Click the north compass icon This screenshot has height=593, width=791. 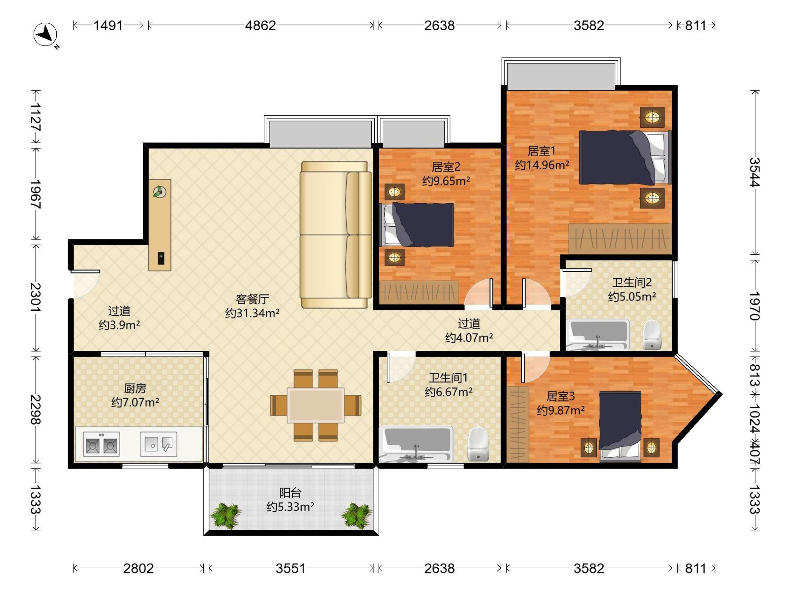(x=45, y=35)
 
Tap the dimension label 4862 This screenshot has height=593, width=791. (x=260, y=26)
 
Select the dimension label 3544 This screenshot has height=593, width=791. (x=754, y=172)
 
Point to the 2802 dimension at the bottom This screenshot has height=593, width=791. (x=138, y=568)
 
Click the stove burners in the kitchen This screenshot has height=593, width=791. (x=101, y=444)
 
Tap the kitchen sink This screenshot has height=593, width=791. (x=159, y=444)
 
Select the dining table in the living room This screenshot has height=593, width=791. (x=316, y=405)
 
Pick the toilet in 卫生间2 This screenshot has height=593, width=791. (x=652, y=335)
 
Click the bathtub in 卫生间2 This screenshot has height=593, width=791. (x=598, y=335)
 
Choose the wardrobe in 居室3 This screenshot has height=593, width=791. (x=517, y=424)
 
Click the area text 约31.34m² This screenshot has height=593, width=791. (x=252, y=313)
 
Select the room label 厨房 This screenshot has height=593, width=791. (x=135, y=388)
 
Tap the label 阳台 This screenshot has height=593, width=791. (x=290, y=493)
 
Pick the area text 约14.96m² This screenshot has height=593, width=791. (x=542, y=165)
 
